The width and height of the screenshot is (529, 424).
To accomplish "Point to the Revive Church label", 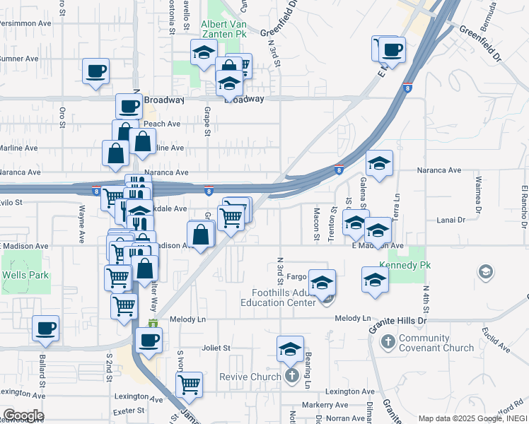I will [250, 377].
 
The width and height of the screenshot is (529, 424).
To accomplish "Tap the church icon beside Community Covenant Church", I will [387, 343].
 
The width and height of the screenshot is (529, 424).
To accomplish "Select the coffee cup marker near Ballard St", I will [45, 328].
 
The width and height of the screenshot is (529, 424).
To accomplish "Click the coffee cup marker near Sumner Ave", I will [95, 71].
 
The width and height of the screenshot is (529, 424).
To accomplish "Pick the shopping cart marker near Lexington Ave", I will [189, 384].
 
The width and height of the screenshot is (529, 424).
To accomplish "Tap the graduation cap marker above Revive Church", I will [290, 348].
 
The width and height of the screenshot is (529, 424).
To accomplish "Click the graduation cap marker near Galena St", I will [379, 163].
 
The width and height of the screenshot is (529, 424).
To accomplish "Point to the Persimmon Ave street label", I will [25, 23].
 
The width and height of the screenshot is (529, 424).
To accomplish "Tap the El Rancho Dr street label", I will [524, 206].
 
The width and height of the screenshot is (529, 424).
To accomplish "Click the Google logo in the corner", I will [23, 415].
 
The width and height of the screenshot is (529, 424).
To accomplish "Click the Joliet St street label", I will [217, 348].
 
